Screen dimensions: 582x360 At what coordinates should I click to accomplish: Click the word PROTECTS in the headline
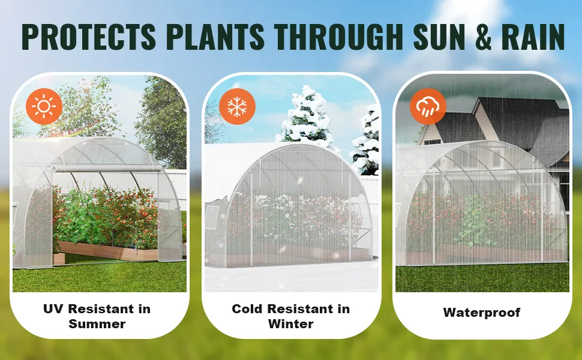click(88, 37)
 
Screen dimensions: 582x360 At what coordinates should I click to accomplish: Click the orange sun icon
click(44, 106)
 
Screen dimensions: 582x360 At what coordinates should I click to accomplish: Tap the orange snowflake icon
click(237, 106)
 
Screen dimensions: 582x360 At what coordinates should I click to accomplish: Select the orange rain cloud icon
click(428, 106)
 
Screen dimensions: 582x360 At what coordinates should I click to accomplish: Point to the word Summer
click(97, 323)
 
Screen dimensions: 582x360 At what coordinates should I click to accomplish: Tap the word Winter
click(290, 323)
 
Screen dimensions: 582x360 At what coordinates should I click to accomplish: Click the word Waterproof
click(482, 313)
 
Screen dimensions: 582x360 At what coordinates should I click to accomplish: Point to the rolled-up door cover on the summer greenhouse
click(107, 169)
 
